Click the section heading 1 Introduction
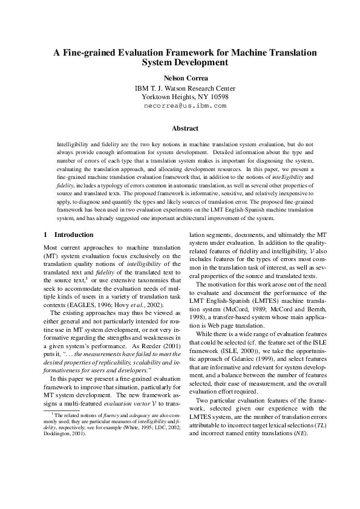tap(68, 235)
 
